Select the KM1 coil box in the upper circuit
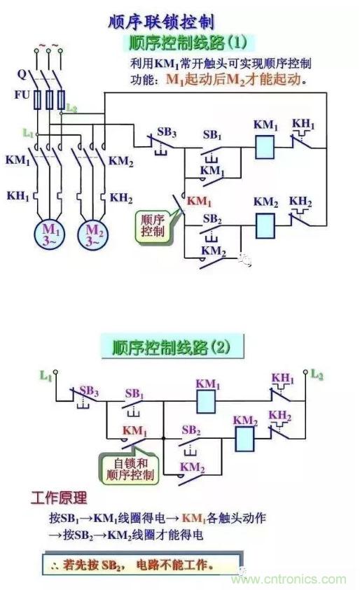pos(265,147)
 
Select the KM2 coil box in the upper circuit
pos(265,226)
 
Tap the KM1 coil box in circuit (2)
pos(207,402)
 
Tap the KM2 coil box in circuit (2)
pos(244,439)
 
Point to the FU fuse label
pos(22,94)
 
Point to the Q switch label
pos(22,74)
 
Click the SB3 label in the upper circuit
pos(167,132)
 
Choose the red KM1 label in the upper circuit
pos(199,202)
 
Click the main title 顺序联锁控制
pos(161,22)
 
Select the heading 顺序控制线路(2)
pos(172,347)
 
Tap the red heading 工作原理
pos(59,498)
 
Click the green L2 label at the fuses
pos(71,108)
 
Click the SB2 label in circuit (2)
pos(191,430)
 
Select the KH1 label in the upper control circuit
pos(303,124)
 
